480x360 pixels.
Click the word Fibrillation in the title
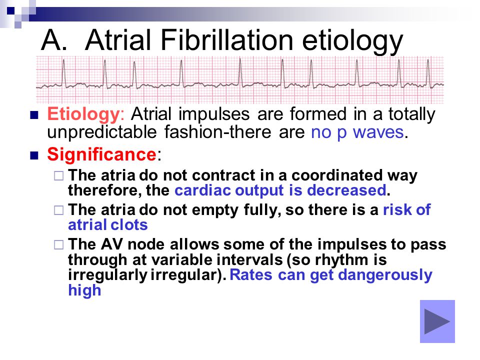click(x=227, y=40)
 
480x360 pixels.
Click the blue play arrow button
click(x=437, y=321)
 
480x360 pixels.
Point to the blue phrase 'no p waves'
click(x=357, y=132)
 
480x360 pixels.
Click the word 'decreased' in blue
click(x=346, y=190)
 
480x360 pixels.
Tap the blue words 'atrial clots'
click(x=108, y=225)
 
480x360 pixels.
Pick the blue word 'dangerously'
click(x=385, y=275)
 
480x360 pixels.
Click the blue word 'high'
click(x=84, y=290)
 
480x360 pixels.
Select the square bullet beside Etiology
click(x=34, y=115)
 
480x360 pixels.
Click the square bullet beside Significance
click(x=34, y=155)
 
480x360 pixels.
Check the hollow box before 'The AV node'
click(x=59, y=245)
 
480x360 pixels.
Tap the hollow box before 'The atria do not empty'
click(x=59, y=210)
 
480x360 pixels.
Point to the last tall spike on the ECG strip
click(x=428, y=73)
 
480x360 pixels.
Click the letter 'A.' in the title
click(x=54, y=40)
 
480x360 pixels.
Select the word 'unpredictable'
click(x=102, y=132)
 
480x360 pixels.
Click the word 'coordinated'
click(x=337, y=175)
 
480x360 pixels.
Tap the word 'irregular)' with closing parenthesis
click(x=188, y=274)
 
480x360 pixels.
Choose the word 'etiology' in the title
click(x=352, y=41)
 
